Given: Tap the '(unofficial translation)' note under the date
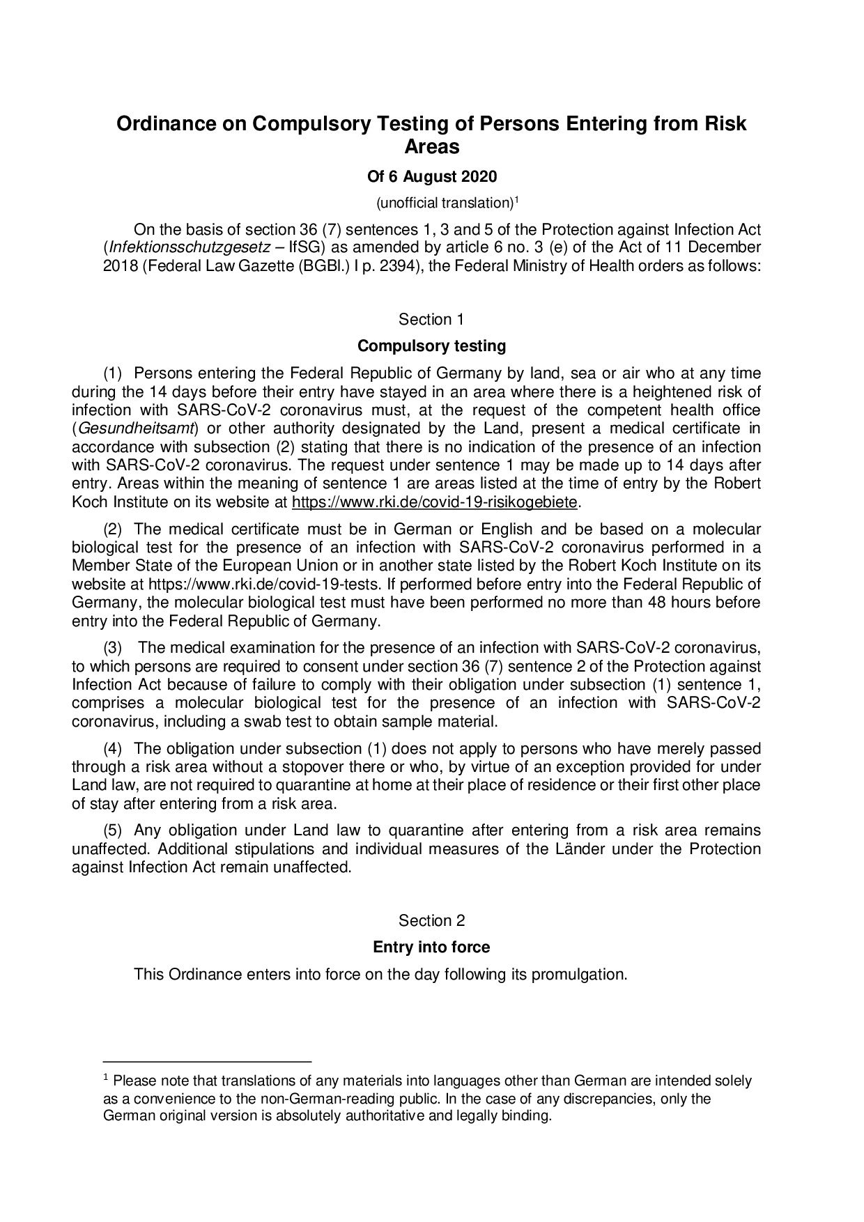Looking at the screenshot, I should coord(445,203).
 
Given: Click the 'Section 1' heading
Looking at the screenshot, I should coord(431,320).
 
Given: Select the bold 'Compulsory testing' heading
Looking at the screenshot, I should coord(431,346).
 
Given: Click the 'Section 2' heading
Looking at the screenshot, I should coord(431,921).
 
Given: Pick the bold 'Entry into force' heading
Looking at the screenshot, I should coord(431,948).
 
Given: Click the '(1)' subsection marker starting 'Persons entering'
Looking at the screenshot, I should coord(113,374).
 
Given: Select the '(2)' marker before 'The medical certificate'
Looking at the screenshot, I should coord(113,529).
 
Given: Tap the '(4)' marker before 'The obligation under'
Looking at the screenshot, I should coord(113,749).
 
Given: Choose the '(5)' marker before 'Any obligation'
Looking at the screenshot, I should coord(113,830).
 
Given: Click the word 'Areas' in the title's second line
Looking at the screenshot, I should coord(432,147).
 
